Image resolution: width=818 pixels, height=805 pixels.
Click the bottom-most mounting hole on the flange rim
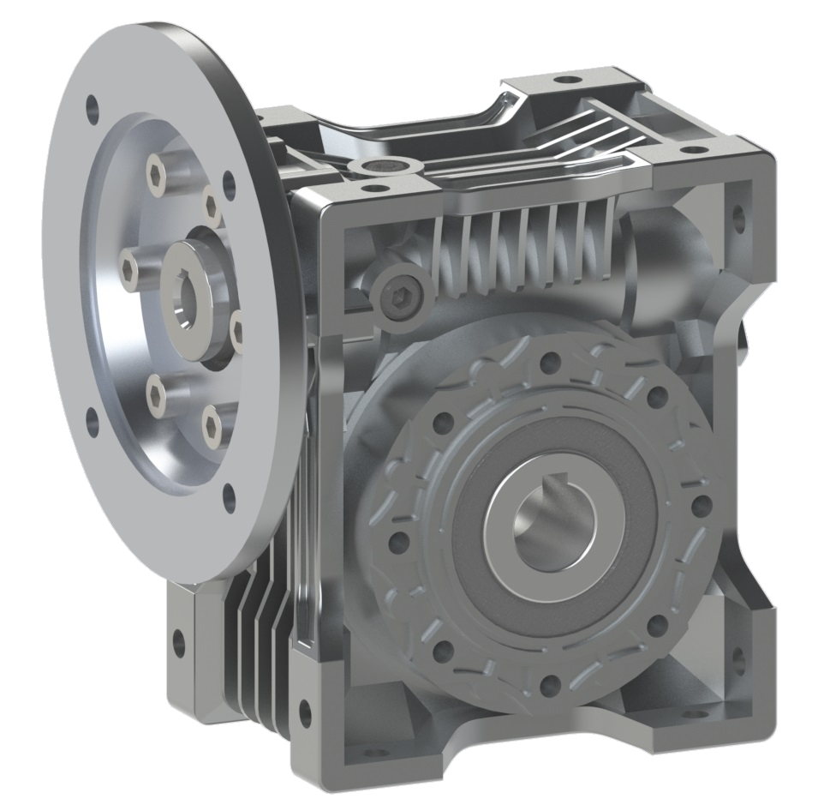229,496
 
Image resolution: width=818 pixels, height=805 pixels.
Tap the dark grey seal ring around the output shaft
480,549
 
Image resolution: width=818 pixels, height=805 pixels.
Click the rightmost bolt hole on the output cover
701,504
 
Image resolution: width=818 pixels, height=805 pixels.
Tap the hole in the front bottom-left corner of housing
304,709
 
